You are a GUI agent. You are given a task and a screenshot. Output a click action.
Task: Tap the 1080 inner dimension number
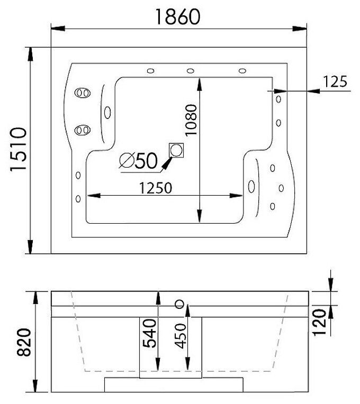[x=191, y=120]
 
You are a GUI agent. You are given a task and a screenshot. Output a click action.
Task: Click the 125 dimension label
[x=335, y=81]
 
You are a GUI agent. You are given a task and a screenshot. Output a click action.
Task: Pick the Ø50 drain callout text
[x=139, y=160]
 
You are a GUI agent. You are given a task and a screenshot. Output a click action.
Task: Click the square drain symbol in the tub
[x=176, y=150]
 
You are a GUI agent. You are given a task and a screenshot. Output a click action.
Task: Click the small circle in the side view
[x=179, y=304]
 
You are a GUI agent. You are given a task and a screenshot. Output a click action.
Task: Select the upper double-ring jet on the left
[x=82, y=93]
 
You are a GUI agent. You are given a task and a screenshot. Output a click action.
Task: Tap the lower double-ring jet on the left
[x=82, y=129]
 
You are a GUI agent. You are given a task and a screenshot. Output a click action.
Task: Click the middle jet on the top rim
[x=190, y=70]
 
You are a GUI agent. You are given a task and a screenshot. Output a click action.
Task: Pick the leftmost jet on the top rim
[x=150, y=70]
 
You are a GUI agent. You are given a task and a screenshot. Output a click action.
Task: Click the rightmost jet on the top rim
[x=242, y=70]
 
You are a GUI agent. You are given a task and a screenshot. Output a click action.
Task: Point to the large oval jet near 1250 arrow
[x=250, y=186]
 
